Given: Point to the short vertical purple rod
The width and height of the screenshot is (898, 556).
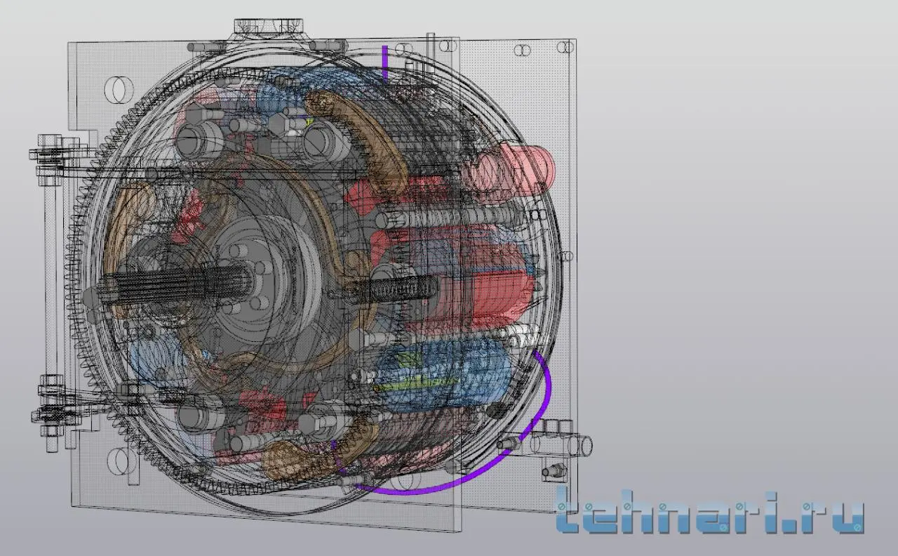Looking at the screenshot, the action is click(385, 63).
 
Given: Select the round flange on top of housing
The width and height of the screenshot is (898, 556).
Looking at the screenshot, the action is click(268, 26).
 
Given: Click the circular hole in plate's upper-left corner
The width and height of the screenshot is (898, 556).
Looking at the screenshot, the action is click(119, 89).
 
